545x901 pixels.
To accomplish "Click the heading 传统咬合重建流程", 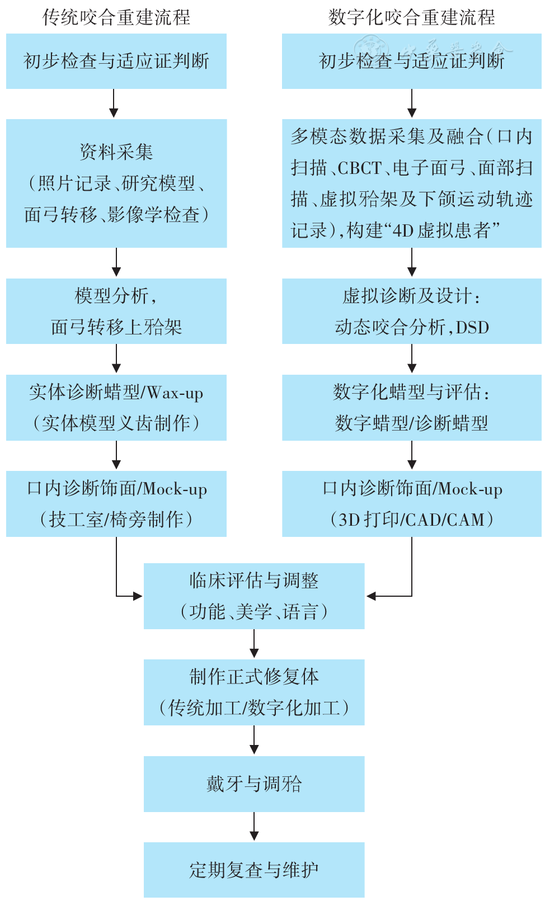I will click(116, 17).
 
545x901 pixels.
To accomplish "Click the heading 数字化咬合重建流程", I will click(411, 17).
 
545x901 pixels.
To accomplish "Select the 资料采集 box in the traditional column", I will click(116, 183).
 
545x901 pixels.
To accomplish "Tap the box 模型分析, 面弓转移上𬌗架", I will click(116, 311).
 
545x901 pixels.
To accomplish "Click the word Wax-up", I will click(175, 393).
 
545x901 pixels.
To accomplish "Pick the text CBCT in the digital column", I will click(359, 168).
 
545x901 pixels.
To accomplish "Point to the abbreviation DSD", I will click(472, 327).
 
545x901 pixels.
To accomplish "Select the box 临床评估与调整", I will click(254, 596).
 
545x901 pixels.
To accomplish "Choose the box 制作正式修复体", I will click(254, 692).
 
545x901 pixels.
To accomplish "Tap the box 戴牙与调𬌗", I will click(254, 784).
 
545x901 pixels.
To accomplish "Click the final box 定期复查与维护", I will click(254, 870).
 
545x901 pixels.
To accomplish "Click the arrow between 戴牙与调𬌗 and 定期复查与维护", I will click(254, 827).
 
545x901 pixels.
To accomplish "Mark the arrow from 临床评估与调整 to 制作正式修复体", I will click(254, 644).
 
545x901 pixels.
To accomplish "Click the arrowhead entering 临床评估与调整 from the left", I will click(137, 596).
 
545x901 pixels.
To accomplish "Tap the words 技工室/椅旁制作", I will click(116, 520).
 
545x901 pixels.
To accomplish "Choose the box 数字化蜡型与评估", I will click(411, 407).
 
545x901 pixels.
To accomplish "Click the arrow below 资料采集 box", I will click(116, 262).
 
